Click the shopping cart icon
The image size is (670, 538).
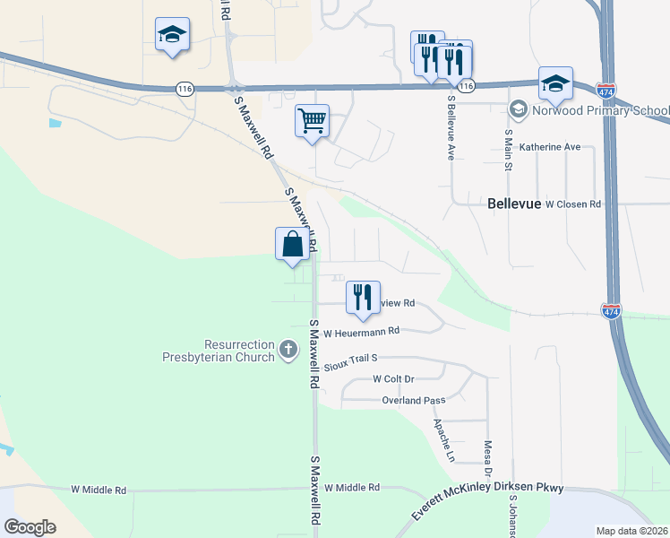[x=312, y=120]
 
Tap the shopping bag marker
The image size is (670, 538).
[x=293, y=244]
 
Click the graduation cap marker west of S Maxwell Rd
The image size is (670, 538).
[x=171, y=36]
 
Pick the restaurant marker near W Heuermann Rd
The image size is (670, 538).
[x=363, y=297]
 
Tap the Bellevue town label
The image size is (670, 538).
[x=515, y=204]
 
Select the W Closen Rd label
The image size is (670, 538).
[x=573, y=204]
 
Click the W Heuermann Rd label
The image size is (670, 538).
[x=361, y=332]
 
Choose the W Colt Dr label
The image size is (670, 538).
[x=394, y=380]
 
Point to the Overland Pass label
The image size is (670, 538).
[x=413, y=401]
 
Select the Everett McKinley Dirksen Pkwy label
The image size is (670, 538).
[x=487, y=499]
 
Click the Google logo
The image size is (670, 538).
[x=30, y=527]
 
